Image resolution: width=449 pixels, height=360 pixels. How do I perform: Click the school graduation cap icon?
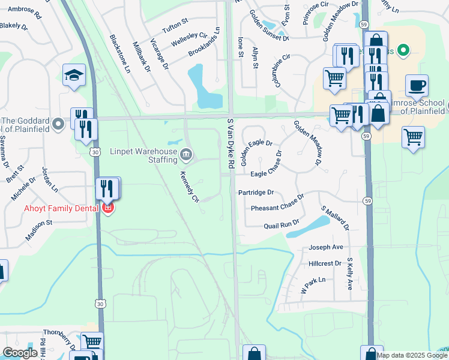(74, 75)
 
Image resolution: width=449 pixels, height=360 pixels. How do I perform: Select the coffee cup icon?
(417, 85)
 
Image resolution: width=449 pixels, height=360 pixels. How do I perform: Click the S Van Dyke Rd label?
(230, 143)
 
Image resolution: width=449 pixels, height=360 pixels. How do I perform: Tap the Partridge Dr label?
(256, 193)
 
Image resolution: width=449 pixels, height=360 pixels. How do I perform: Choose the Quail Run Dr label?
(282, 226)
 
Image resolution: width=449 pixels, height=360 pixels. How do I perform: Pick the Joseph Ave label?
(325, 247)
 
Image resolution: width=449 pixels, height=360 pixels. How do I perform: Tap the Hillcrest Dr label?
(325, 263)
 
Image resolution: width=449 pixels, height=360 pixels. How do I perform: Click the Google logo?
(20, 353)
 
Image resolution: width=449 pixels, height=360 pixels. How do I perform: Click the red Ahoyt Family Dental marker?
(108, 209)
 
